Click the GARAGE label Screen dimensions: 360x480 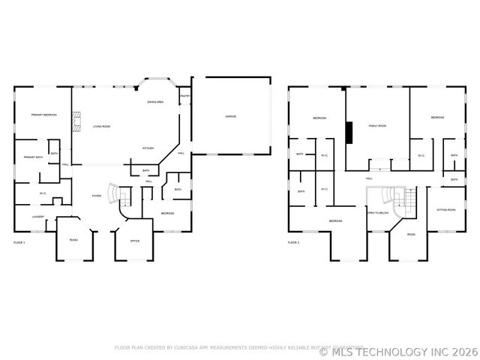(x=231, y=116)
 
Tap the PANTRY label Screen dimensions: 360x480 (x=184, y=96)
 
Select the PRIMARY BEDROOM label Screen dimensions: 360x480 (x=44, y=115)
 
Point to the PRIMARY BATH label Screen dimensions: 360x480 (x=33, y=157)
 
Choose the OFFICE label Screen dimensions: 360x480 (x=135, y=241)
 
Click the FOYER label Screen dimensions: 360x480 (x=97, y=196)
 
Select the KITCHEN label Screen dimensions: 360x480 (x=148, y=148)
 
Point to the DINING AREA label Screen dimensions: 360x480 (x=155, y=101)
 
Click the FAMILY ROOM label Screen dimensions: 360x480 (x=376, y=125)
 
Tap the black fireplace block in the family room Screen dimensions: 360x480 (x=349, y=131)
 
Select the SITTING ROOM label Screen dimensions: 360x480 (x=446, y=210)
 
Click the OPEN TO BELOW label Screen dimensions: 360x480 (x=377, y=213)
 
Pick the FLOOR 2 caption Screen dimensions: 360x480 (x=293, y=242)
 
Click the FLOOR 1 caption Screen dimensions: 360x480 (x=19, y=242)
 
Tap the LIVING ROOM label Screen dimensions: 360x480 (x=102, y=126)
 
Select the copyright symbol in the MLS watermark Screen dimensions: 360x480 (x=324, y=350)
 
